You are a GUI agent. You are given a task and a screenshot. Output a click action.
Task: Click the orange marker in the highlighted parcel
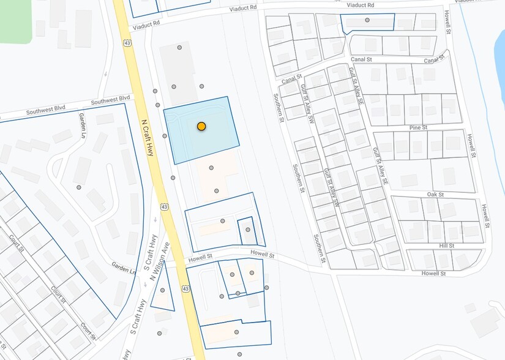[x=201, y=126]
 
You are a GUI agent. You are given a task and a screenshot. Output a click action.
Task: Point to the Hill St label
[x=446, y=246]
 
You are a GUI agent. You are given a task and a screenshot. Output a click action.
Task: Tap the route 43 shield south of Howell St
[x=185, y=287]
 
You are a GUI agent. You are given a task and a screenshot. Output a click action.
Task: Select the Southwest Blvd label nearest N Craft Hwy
[x=111, y=99]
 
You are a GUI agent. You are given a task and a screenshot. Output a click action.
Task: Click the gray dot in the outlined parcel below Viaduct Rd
[x=367, y=20]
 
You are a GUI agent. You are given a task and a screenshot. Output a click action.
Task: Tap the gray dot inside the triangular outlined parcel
[x=163, y=290]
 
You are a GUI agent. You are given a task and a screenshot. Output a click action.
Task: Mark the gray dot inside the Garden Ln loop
[x=79, y=187]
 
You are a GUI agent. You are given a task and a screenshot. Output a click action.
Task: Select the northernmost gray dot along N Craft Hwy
[x=179, y=47]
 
